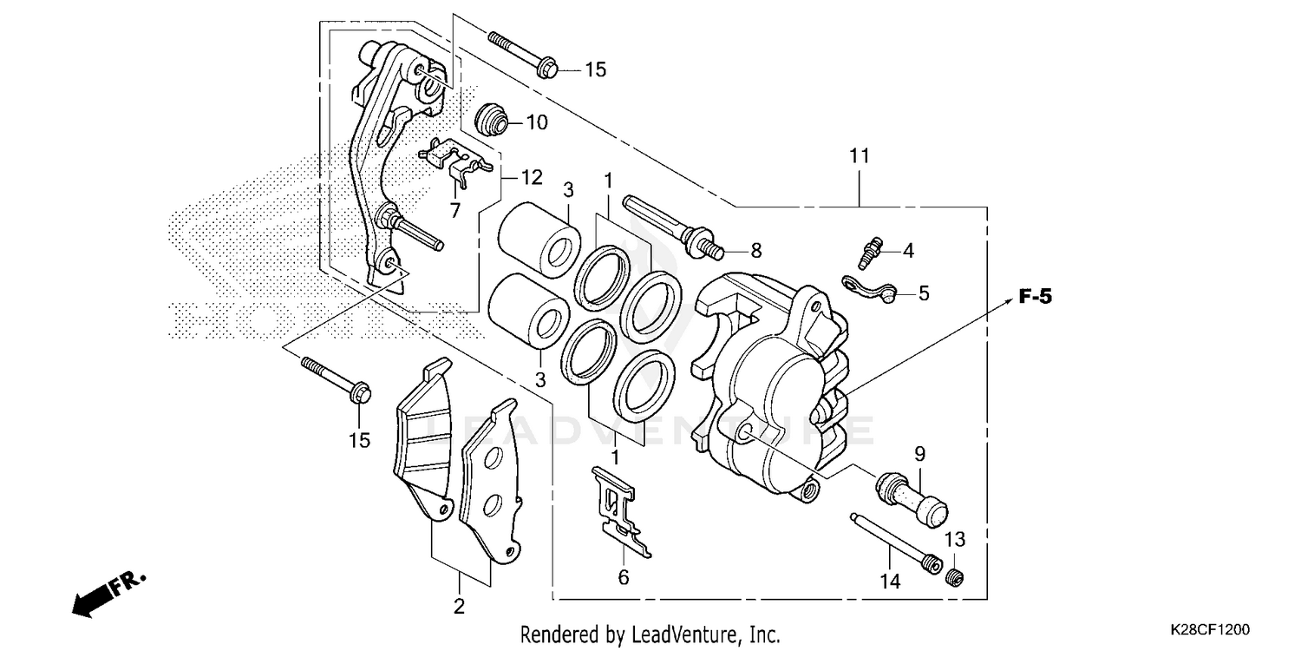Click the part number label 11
(859, 157)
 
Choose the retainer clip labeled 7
(454, 161)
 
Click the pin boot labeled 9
(912, 495)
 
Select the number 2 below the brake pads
(459, 606)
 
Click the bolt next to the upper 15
(524, 54)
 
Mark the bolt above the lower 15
(337, 379)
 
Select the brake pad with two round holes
(492, 479)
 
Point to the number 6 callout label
(624, 576)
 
